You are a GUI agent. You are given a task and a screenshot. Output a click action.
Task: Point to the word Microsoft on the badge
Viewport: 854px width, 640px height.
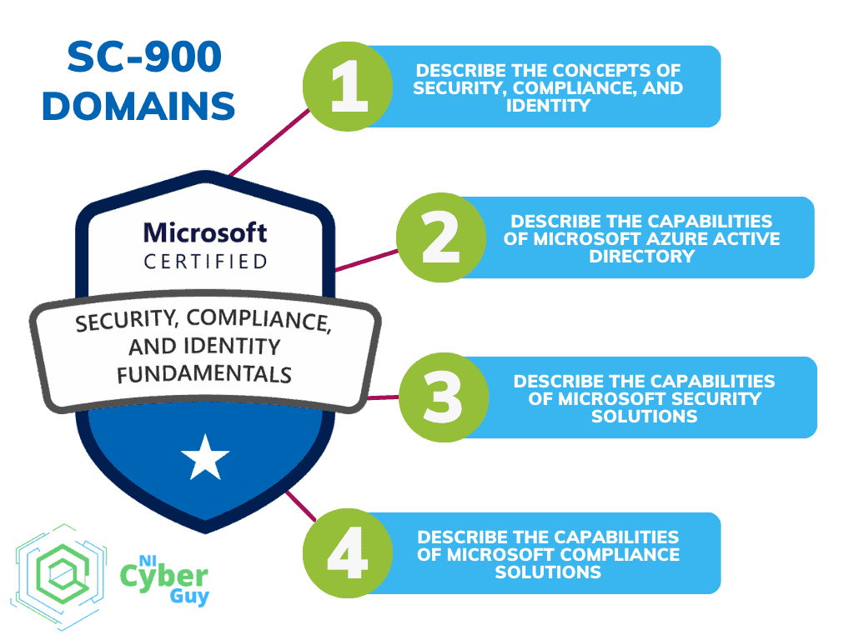[x=205, y=232]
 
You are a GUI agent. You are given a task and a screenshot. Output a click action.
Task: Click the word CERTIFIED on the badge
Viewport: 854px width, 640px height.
[x=205, y=262]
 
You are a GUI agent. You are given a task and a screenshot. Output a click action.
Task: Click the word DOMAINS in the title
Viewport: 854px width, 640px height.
[x=138, y=107]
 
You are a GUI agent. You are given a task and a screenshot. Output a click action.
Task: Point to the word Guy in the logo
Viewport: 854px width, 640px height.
[x=188, y=596]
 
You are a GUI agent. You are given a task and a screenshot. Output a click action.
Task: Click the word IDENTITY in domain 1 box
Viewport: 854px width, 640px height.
[x=548, y=106]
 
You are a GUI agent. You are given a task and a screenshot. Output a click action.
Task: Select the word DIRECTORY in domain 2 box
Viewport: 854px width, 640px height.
[x=641, y=256]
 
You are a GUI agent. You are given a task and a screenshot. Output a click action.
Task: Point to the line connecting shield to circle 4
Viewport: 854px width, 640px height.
[x=297, y=505]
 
